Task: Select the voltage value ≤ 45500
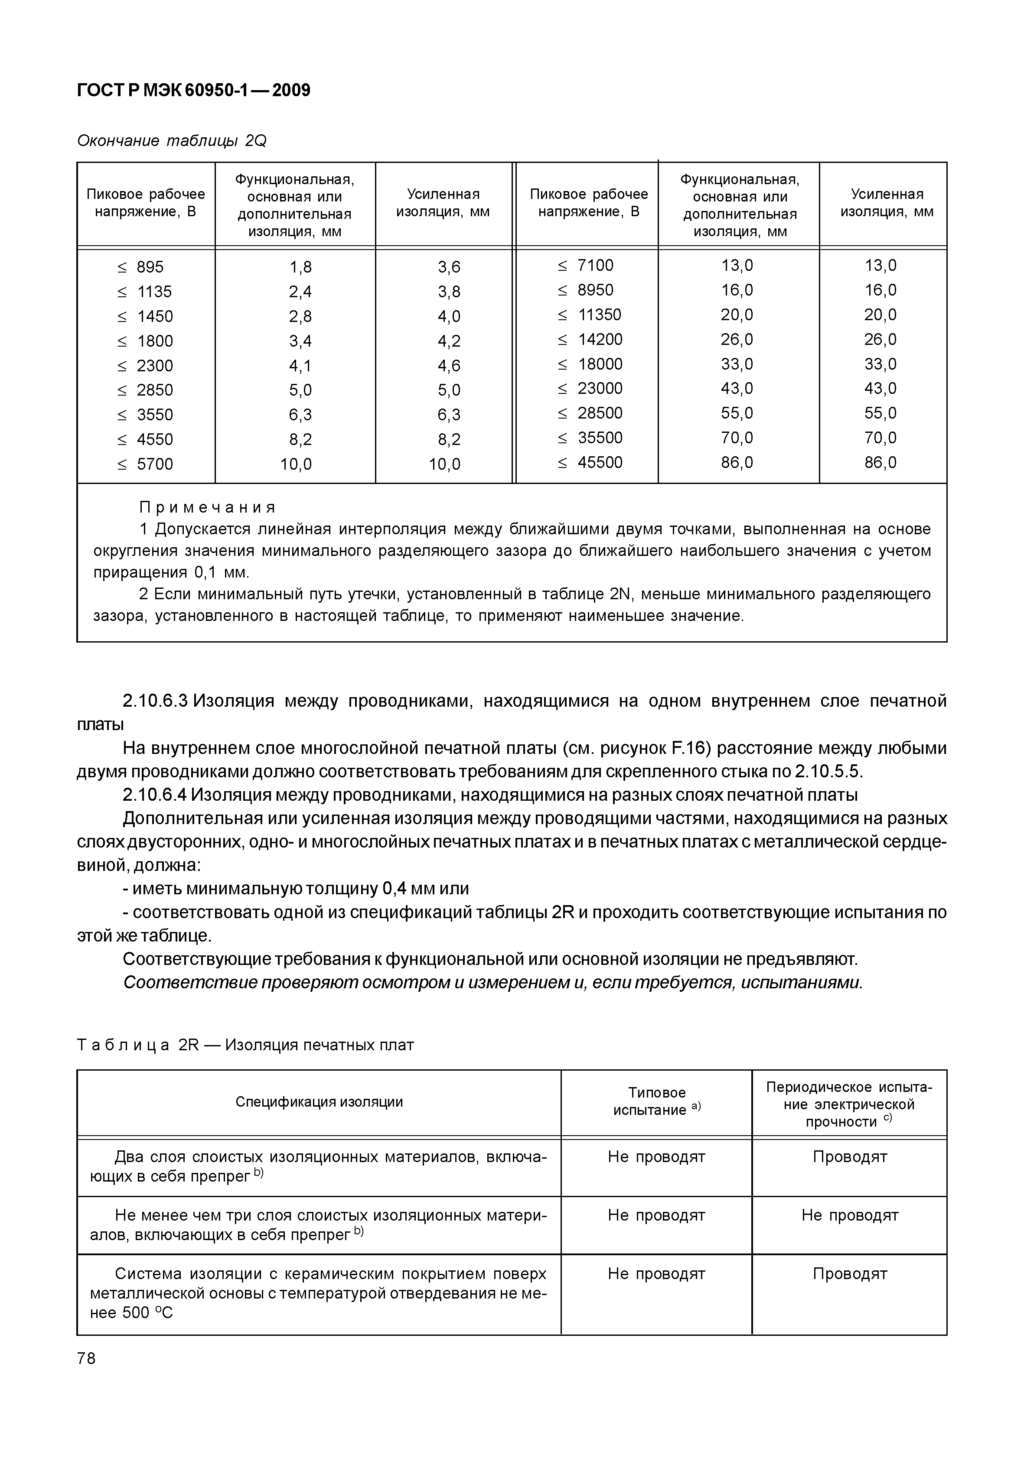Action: tap(590, 462)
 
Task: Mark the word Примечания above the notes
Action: tap(207, 508)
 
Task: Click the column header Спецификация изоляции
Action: tap(319, 1102)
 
